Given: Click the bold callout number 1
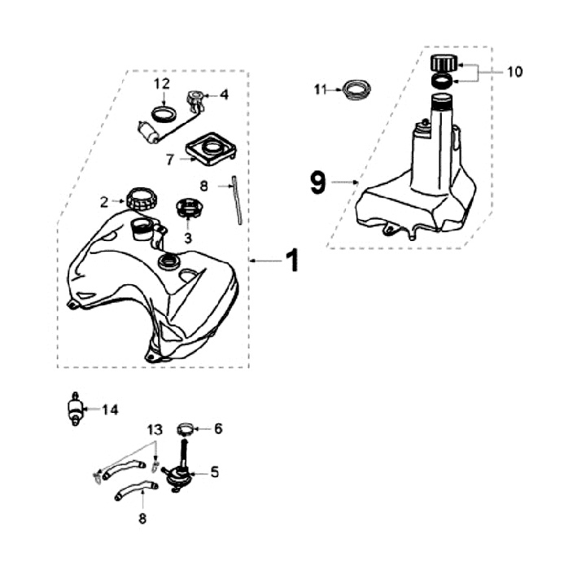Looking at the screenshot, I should pyautogui.click(x=291, y=261).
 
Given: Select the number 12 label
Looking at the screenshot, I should pyautogui.click(x=161, y=83).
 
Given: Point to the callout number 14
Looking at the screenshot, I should pyautogui.click(x=110, y=410).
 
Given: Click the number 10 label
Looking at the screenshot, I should pyautogui.click(x=514, y=72).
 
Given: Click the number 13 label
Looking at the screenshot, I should pyautogui.click(x=155, y=429).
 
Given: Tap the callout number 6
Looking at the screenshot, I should pyautogui.click(x=217, y=428).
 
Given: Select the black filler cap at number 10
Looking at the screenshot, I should pyautogui.click(x=444, y=63).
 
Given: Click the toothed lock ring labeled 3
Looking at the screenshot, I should pyautogui.click(x=188, y=208).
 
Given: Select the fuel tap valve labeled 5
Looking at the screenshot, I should pyautogui.click(x=181, y=472).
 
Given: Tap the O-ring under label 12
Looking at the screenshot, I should pyautogui.click(x=163, y=112).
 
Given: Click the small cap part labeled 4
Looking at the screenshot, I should pyautogui.click(x=197, y=100).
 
